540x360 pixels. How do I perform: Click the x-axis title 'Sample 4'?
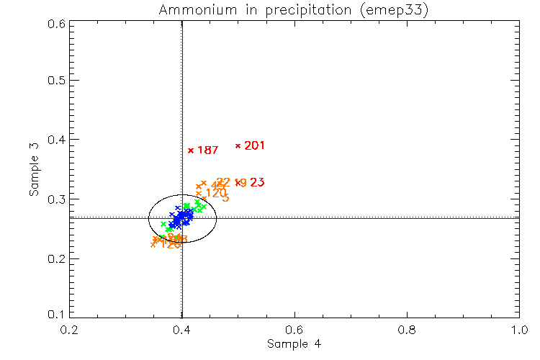[294, 344]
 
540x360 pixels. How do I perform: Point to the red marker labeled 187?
[191, 150]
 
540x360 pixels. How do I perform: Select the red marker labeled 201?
[238, 145]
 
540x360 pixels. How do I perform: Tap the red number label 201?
[255, 145]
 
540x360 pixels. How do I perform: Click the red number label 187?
[207, 150]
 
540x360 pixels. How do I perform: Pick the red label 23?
[257, 183]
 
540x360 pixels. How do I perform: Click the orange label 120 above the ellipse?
[216, 192]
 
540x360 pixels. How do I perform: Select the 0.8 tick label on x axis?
[407, 330]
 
